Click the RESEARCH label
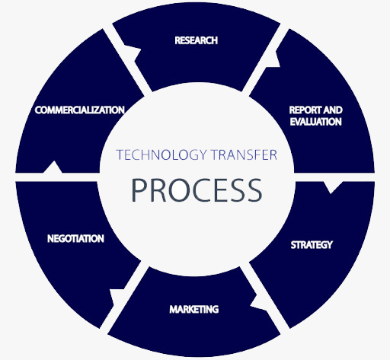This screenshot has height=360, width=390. coord(197,40)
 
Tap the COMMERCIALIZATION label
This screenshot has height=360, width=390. coord(80,110)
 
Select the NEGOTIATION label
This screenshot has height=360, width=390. coord(75,238)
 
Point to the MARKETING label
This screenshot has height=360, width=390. coord(194,309)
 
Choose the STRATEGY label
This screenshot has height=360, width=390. coord(312,245)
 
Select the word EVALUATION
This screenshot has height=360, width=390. coord(316,122)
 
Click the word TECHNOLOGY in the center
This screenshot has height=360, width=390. coord(161,155)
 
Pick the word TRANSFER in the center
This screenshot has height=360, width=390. coord(244,155)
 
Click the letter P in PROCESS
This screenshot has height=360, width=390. coord(140,190)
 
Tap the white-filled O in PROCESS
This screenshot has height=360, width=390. coord(180,190)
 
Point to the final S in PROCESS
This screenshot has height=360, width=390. coord(253,190)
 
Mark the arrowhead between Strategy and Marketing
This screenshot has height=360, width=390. coord(259,303)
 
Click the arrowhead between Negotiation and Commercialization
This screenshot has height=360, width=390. coord(53,167)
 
